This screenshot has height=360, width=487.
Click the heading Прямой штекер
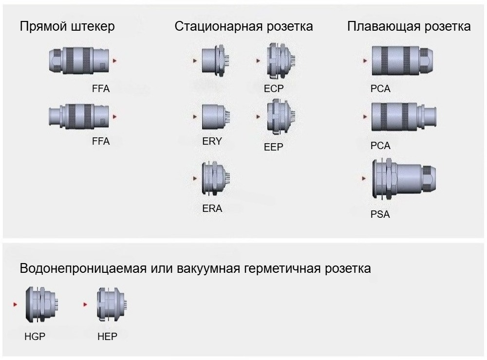(x=67, y=26)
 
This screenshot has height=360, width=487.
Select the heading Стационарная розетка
(x=243, y=26)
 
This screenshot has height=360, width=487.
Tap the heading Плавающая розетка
(x=409, y=26)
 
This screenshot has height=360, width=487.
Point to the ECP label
(x=274, y=89)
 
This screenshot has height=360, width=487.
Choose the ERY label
(x=212, y=142)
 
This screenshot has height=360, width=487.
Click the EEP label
(x=273, y=147)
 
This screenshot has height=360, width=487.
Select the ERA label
(x=212, y=208)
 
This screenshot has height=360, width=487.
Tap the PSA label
(x=380, y=214)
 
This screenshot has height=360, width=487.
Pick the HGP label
(x=35, y=337)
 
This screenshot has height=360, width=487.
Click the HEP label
(x=107, y=337)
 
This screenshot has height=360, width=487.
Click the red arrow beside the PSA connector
(x=364, y=178)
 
